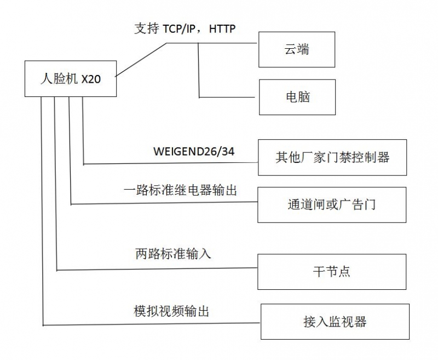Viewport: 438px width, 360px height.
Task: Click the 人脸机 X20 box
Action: tap(71, 78)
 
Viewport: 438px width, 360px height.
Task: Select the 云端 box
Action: tap(296, 49)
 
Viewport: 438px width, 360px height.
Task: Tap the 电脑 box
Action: tap(297, 97)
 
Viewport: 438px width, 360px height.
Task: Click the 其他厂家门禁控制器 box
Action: tap(332, 158)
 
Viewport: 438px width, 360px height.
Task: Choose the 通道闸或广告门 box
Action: tap(332, 205)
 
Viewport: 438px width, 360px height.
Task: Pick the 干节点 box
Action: tap(332, 272)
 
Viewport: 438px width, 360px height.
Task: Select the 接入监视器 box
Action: tap(335, 321)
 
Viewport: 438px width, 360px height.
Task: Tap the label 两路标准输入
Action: tap(172, 254)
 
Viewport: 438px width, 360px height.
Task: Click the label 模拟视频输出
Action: tap(172, 311)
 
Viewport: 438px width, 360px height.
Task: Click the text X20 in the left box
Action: tap(91, 79)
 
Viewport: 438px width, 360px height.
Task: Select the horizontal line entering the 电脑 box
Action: tap(227, 97)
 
